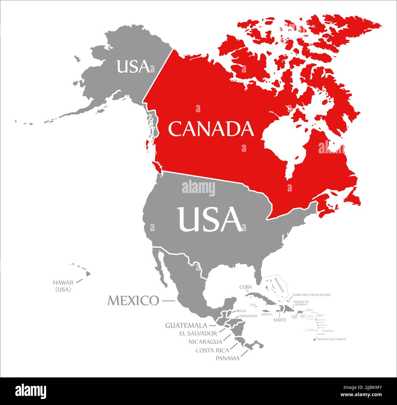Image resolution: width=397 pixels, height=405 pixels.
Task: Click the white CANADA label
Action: point(211,129)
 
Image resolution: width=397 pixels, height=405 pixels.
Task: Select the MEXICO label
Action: point(133,301)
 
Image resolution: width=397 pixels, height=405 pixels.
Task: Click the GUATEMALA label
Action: point(186,325)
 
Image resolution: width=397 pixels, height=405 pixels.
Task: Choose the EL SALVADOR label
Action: point(198,333)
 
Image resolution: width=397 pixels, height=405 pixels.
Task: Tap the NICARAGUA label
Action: point(205,342)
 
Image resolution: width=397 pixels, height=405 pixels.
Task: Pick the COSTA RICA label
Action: point(212,350)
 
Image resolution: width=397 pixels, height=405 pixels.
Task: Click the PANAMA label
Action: point(228,358)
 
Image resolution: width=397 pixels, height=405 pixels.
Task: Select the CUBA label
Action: point(245,287)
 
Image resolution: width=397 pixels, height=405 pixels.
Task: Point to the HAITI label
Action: point(279,320)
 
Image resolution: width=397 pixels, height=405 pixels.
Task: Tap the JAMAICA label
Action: point(267,314)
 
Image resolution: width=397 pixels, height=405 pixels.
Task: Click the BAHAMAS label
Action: point(279,285)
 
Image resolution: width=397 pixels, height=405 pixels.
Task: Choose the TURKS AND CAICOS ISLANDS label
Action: point(311,295)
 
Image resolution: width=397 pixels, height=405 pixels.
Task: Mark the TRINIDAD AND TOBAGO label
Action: point(331,339)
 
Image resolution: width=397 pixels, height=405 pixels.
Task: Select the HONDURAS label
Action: point(248,316)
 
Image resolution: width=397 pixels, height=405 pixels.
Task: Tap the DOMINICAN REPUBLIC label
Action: point(301,303)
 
